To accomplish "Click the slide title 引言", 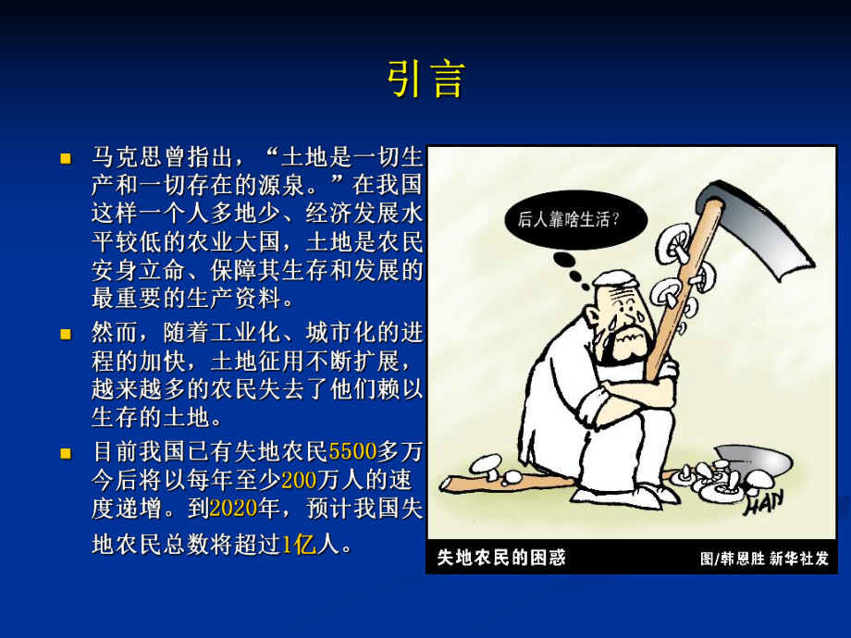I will click(425, 80).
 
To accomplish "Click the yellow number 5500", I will click(352, 452).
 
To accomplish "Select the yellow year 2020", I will click(233, 509).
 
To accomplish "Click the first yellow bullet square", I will click(66, 158).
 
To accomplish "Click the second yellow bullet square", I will click(66, 331).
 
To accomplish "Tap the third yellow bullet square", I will click(66, 453).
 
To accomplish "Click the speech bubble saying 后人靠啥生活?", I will click(568, 220).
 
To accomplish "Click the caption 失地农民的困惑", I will click(500, 558).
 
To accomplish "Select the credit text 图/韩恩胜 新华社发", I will click(764, 558).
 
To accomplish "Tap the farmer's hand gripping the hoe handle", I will click(664, 367).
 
